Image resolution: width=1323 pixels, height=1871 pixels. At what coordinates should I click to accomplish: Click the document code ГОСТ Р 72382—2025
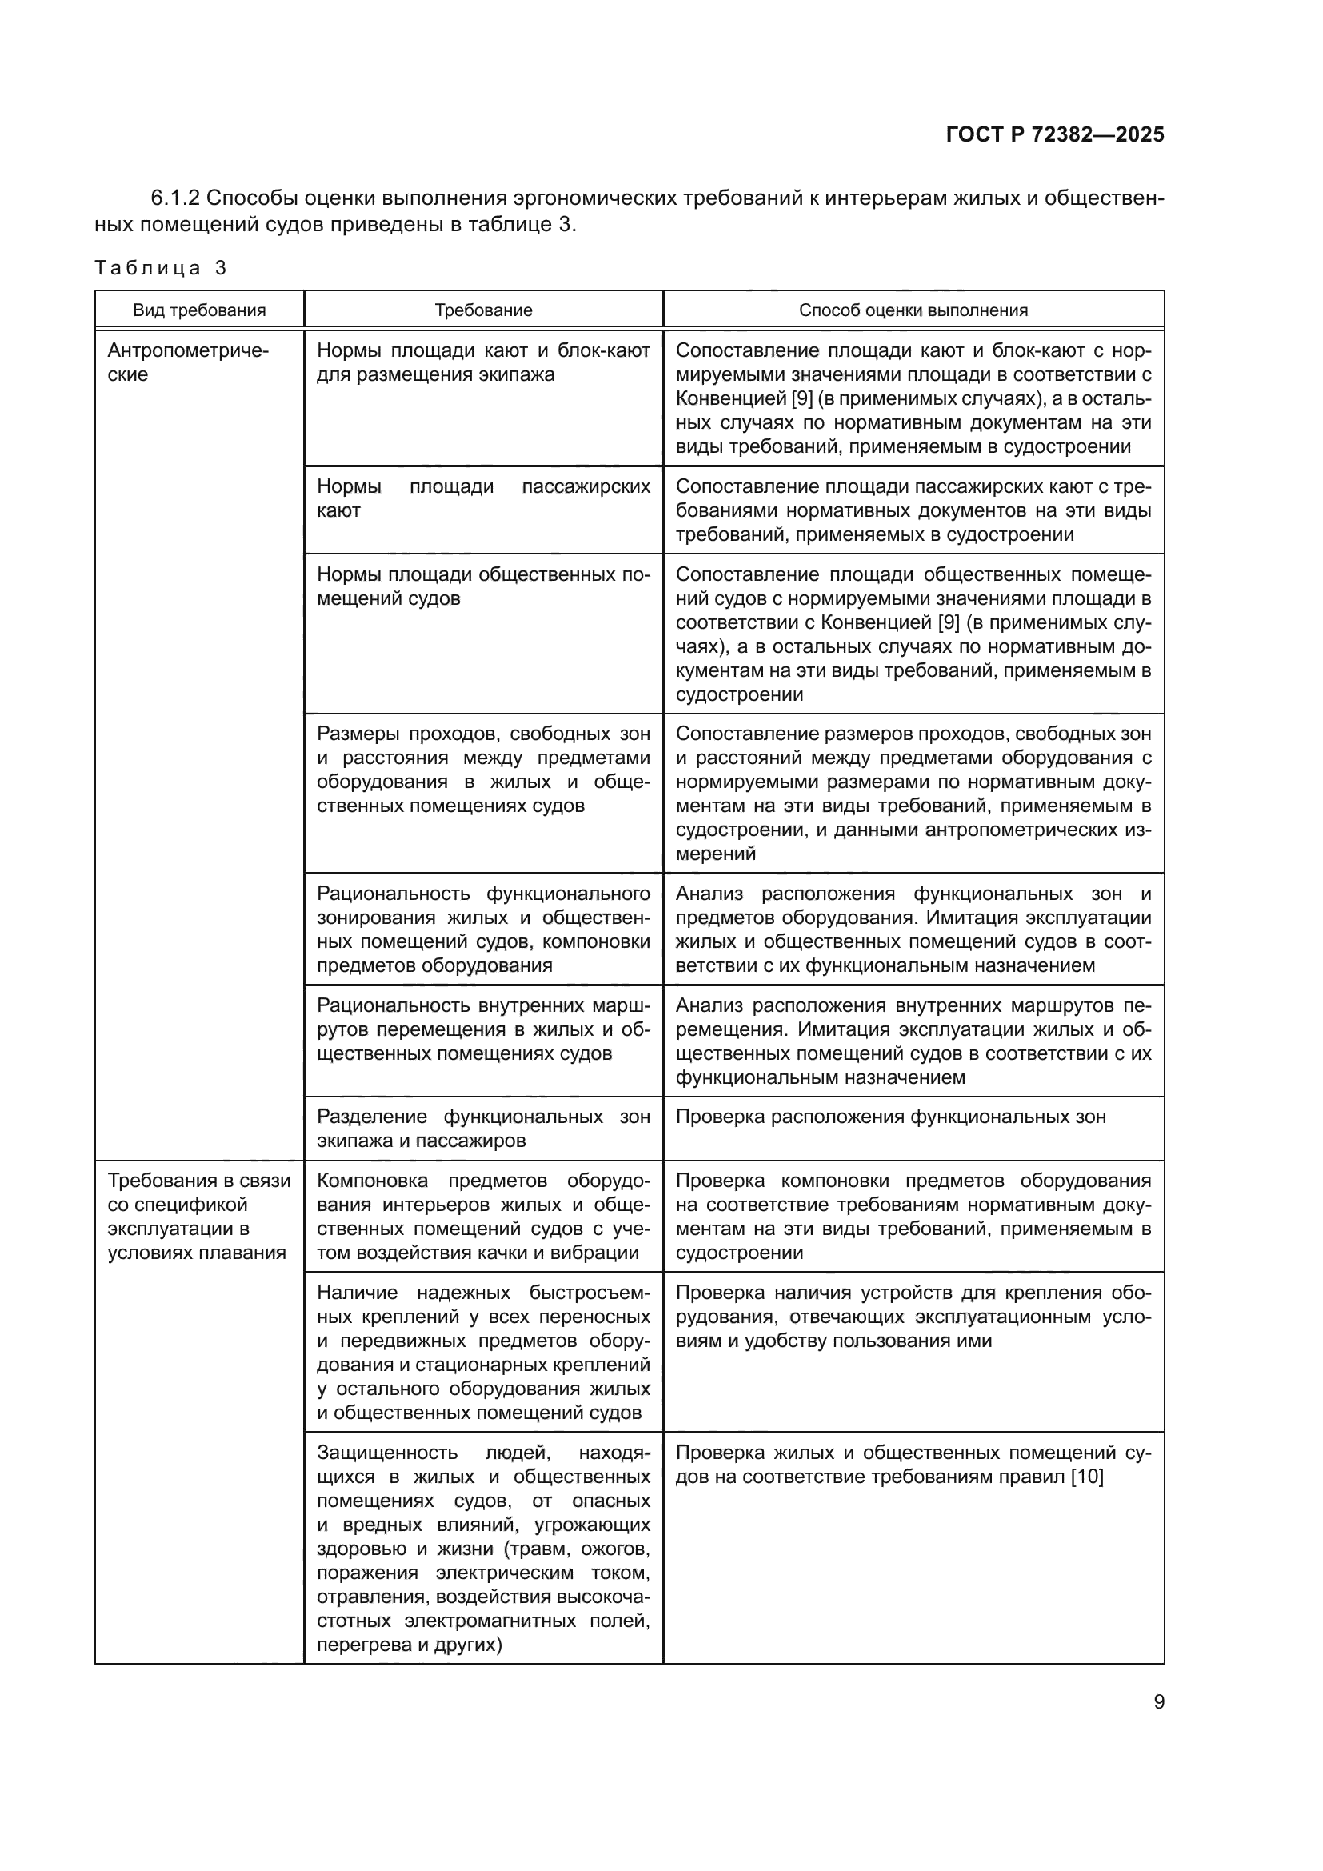click(x=1055, y=134)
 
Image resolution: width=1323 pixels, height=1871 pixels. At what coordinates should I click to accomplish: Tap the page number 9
click(x=1158, y=1702)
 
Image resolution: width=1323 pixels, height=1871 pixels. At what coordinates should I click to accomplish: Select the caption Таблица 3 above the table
click(x=161, y=268)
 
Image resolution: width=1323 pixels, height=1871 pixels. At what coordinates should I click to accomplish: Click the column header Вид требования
click(x=199, y=310)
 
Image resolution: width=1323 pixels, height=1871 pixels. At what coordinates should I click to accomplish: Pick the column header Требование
click(x=483, y=310)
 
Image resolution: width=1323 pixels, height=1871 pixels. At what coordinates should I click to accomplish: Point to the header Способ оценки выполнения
click(x=913, y=310)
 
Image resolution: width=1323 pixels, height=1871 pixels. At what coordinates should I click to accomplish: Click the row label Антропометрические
click(x=187, y=362)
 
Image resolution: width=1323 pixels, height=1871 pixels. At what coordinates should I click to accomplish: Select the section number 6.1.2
click(x=177, y=198)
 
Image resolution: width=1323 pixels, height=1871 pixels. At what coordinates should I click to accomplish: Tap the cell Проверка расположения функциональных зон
click(x=890, y=1117)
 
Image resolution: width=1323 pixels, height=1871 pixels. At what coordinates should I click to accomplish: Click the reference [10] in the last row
click(x=1087, y=1477)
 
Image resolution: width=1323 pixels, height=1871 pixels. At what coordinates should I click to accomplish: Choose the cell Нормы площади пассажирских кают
click(x=483, y=498)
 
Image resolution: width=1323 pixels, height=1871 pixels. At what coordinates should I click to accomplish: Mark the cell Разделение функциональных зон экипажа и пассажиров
click(x=483, y=1129)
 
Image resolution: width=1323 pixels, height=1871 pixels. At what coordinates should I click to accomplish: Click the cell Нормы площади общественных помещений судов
click(x=483, y=586)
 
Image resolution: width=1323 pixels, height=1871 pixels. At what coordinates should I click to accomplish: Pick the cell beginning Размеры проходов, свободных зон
click(x=483, y=770)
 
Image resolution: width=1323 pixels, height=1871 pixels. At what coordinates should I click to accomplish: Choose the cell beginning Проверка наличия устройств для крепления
click(x=913, y=1317)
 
